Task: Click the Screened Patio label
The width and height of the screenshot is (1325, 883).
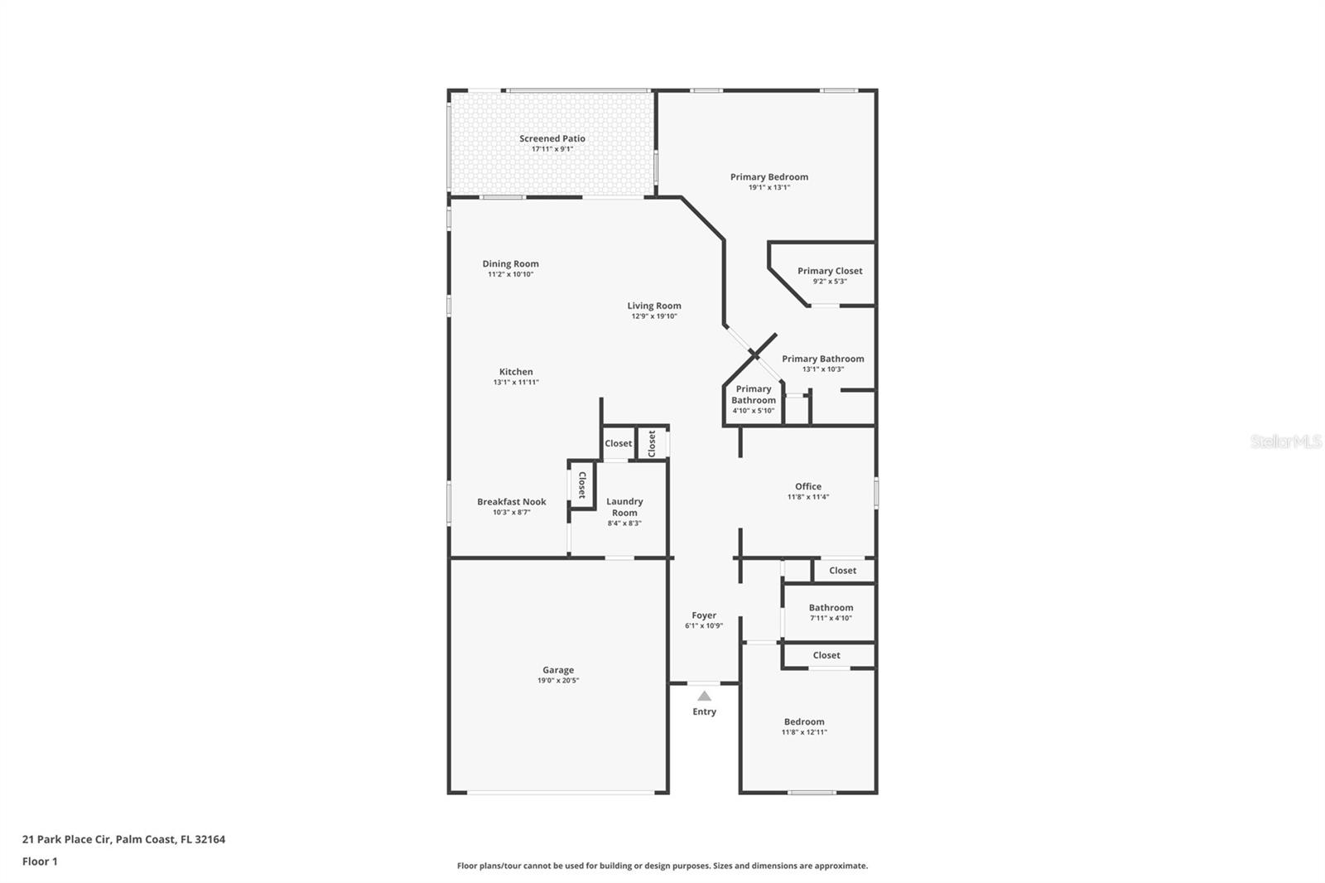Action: pyautogui.click(x=552, y=138)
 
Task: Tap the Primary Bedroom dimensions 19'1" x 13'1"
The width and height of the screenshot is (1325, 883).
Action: pyautogui.click(x=768, y=187)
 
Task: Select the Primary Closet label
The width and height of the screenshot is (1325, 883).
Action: pyautogui.click(x=829, y=271)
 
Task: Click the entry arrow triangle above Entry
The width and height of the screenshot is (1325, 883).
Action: pyautogui.click(x=704, y=696)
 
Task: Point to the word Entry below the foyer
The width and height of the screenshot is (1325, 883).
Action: pyautogui.click(x=704, y=712)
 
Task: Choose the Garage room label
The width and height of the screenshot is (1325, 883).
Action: pyautogui.click(x=557, y=670)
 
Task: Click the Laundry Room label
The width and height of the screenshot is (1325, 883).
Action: pyautogui.click(x=624, y=507)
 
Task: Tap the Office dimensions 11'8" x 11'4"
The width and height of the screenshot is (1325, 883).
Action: pyautogui.click(x=807, y=497)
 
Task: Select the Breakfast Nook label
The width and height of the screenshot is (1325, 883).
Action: pyautogui.click(x=511, y=501)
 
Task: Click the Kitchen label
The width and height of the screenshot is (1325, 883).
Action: pyautogui.click(x=516, y=372)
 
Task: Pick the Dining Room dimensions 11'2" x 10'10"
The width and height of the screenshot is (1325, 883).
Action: pyautogui.click(x=510, y=274)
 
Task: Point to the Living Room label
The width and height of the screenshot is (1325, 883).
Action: pyautogui.click(x=653, y=306)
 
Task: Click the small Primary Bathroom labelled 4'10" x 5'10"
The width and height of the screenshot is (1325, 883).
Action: pyautogui.click(x=753, y=394)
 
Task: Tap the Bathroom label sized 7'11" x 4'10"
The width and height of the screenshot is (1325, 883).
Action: pyautogui.click(x=831, y=607)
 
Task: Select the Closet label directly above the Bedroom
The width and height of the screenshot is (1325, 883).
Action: pyautogui.click(x=826, y=655)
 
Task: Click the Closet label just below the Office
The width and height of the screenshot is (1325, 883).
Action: pyautogui.click(x=842, y=570)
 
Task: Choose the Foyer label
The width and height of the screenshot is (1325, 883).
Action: pyautogui.click(x=704, y=615)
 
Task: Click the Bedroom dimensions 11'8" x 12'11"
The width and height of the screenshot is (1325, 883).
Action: pyautogui.click(x=804, y=732)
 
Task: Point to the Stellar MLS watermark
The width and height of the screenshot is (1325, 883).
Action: pyautogui.click(x=1285, y=441)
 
